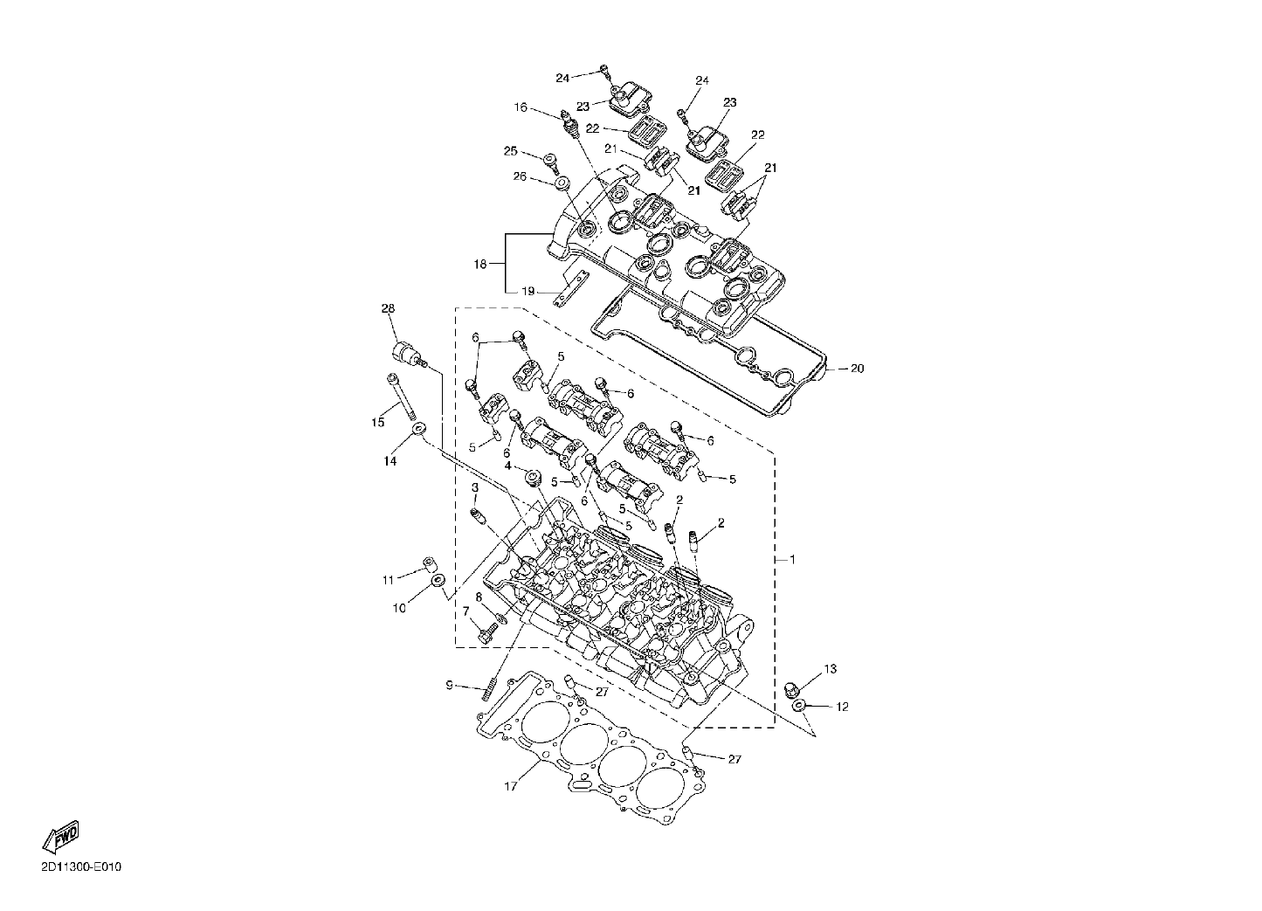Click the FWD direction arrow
[x=61, y=837]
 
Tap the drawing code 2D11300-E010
[x=81, y=867]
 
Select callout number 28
[x=388, y=308]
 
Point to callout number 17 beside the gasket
[x=510, y=786]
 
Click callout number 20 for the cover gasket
[x=857, y=369]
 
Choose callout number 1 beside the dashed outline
[x=793, y=560]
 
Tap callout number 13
[x=831, y=669]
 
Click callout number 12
[x=842, y=707]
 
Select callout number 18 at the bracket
[x=480, y=264]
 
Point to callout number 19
[x=528, y=291]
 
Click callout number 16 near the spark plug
[x=521, y=107]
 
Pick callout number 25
[x=510, y=151]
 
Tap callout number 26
[x=520, y=177]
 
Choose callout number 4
[x=507, y=466]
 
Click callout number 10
[x=399, y=609]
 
